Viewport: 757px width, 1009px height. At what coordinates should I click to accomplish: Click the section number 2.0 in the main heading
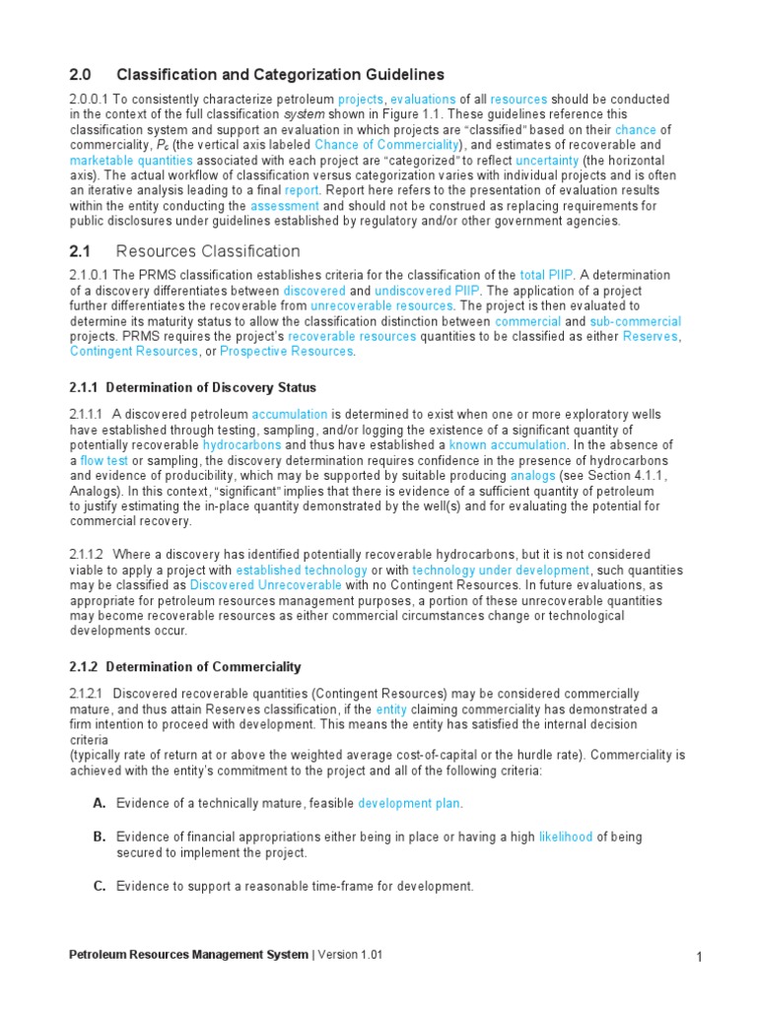(80, 75)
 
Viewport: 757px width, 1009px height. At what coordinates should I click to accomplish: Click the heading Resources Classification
(208, 251)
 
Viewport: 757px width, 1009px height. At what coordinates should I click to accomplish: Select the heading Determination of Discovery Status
(211, 387)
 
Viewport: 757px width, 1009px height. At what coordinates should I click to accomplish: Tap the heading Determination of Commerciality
(203, 667)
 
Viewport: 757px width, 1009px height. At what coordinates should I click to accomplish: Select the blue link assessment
(285, 206)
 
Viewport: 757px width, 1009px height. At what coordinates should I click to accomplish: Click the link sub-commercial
(635, 322)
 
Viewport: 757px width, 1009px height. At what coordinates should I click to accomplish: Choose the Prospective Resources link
(286, 352)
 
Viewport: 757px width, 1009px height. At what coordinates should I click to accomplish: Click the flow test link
(103, 460)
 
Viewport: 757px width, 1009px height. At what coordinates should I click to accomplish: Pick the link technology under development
(501, 570)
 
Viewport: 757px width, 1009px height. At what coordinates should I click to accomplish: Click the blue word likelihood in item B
(566, 837)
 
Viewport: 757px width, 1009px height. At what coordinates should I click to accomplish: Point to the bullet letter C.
(100, 886)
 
